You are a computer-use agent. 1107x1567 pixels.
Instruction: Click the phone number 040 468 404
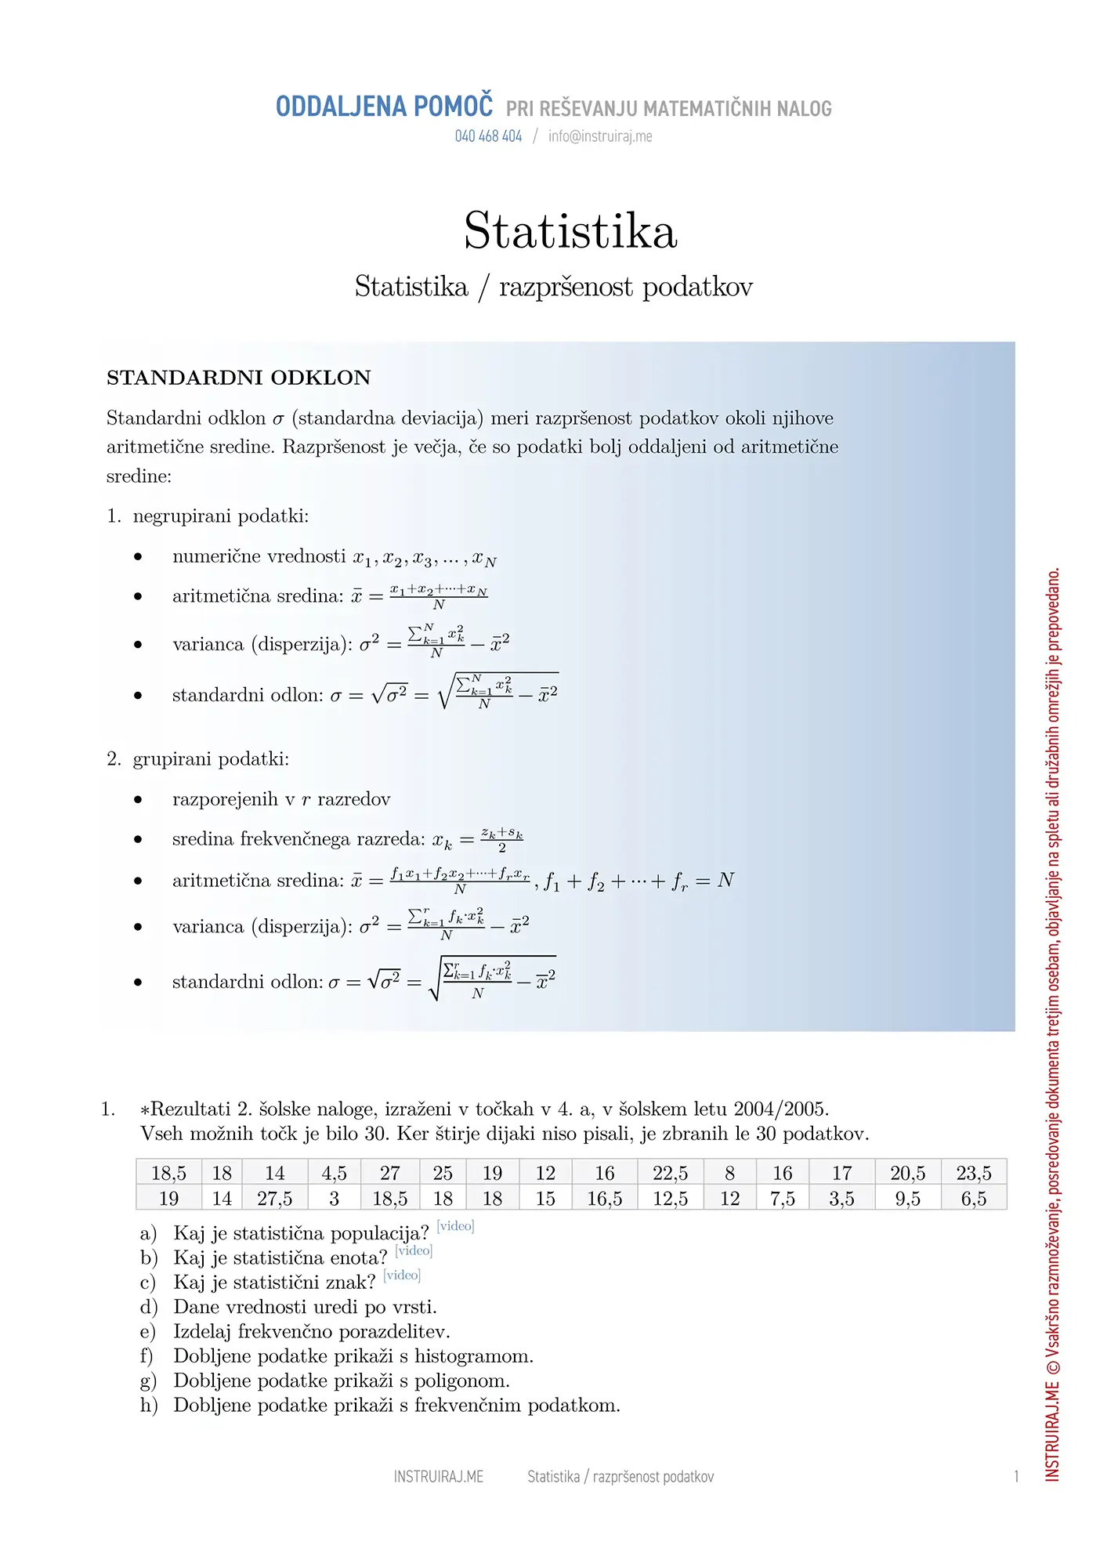(x=488, y=136)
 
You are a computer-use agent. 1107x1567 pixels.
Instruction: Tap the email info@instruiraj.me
(x=600, y=136)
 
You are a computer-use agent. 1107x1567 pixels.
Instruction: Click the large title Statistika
(x=570, y=231)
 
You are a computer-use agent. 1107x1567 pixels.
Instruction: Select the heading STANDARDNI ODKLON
(x=238, y=378)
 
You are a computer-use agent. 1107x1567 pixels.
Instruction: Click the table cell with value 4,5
(x=334, y=1173)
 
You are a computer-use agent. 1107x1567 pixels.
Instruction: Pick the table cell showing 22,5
(x=670, y=1173)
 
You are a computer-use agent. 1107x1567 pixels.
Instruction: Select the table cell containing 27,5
(x=274, y=1198)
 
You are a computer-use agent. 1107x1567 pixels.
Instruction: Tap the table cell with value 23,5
(x=973, y=1173)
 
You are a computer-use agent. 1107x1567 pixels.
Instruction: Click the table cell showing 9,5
(x=907, y=1198)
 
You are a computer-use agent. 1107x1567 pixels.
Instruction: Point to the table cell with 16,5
(x=604, y=1198)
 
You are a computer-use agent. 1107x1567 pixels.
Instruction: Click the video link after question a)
(x=455, y=1225)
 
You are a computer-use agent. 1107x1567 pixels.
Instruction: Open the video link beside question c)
(x=402, y=1275)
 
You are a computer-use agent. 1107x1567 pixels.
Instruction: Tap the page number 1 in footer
(x=1016, y=1477)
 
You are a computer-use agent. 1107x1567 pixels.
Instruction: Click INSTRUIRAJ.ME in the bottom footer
(x=438, y=1477)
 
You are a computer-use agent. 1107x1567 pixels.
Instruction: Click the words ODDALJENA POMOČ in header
(x=384, y=107)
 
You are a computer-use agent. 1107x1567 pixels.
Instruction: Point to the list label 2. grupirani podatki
(x=198, y=759)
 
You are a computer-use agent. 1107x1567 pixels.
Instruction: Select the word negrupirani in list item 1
(x=183, y=516)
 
